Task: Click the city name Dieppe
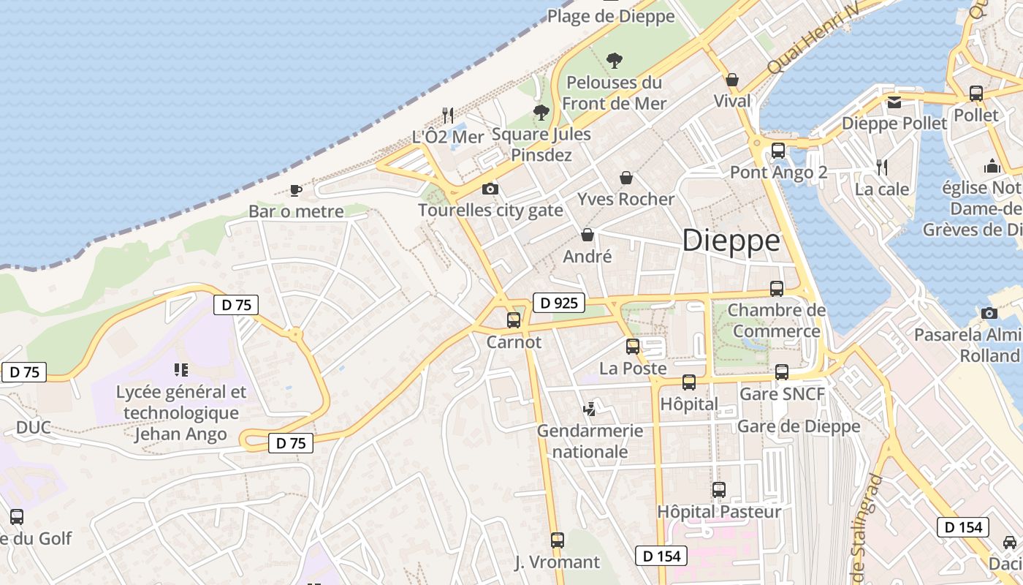[731, 241]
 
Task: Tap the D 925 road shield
[560, 302]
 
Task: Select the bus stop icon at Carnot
[514, 320]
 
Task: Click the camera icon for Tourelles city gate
[490, 189]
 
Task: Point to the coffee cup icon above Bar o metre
[295, 190]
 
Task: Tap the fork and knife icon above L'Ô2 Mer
[448, 115]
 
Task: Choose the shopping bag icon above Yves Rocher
[626, 178]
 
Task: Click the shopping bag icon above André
[587, 235]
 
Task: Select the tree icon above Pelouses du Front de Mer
[615, 61]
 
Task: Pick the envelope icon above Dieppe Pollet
[894, 102]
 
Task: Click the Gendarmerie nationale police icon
[590, 409]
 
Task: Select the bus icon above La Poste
[633, 347]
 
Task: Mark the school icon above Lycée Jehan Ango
[181, 370]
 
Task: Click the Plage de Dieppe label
[611, 16]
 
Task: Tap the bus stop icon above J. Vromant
[558, 540]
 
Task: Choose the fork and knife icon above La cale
[882, 167]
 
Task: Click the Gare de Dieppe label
[799, 426]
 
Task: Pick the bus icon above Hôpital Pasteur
[719, 490]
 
